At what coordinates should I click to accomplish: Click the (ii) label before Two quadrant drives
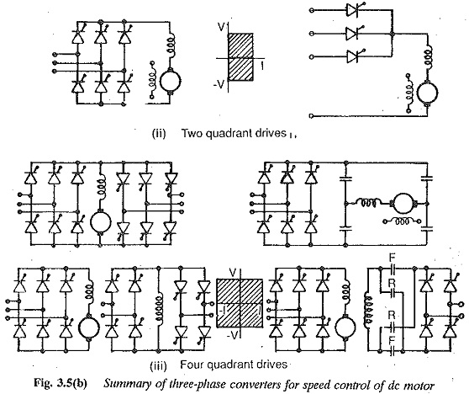(x=159, y=133)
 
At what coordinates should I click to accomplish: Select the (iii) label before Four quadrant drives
(x=158, y=365)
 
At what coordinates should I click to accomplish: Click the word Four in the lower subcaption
(x=192, y=365)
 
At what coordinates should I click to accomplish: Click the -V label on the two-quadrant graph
(x=219, y=85)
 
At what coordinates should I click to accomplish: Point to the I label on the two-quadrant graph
(x=262, y=66)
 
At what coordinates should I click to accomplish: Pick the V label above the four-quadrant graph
(x=233, y=273)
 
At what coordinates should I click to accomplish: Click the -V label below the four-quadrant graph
(x=232, y=336)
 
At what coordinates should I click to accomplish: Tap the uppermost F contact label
(x=392, y=258)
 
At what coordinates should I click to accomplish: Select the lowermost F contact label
(x=392, y=340)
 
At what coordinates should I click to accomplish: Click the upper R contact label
(x=392, y=282)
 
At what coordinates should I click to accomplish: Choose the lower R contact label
(x=392, y=315)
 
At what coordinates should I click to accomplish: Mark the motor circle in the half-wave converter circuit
(x=428, y=93)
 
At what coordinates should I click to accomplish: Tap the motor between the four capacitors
(x=403, y=204)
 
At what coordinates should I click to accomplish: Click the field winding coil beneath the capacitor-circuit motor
(x=402, y=221)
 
